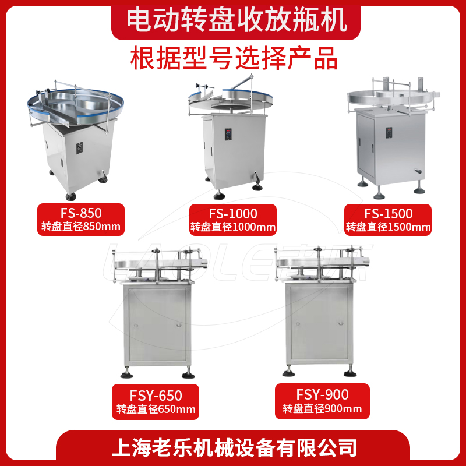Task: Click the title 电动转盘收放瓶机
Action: [236, 20]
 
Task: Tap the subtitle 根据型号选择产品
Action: [234, 58]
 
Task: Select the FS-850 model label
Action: [81, 213]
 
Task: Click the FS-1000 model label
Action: [233, 213]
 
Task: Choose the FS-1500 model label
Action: [389, 213]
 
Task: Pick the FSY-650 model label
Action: [156, 396]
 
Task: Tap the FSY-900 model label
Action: [323, 394]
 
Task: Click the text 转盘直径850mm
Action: [81, 227]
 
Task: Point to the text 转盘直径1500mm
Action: [388, 227]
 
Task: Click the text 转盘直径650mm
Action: [156, 409]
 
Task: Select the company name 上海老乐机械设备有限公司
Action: [234, 447]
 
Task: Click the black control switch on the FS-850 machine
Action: [79, 148]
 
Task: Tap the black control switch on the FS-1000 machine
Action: [228, 135]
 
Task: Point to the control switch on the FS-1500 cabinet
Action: [389, 133]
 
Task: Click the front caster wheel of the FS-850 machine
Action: [70, 196]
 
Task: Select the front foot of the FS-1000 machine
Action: [219, 195]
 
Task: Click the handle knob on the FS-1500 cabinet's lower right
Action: [418, 172]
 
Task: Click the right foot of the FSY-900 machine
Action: [350, 372]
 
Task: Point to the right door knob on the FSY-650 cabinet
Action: [179, 325]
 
